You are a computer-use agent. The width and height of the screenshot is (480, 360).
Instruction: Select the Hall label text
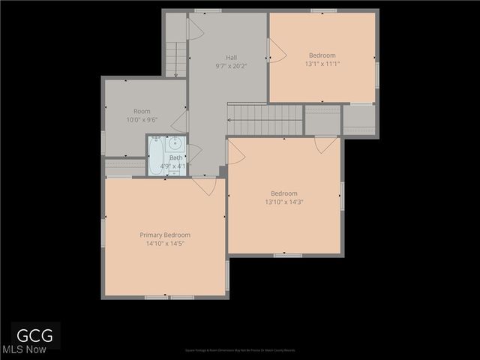pyautogui.click(x=232, y=58)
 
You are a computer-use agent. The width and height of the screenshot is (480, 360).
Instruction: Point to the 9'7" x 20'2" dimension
pyautogui.click(x=232, y=66)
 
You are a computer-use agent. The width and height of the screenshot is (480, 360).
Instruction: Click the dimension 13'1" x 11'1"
pyautogui.click(x=322, y=64)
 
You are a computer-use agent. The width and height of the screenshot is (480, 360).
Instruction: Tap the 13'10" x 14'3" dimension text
pyautogui.click(x=283, y=201)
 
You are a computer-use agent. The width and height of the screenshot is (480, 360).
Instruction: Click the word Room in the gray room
pyautogui.click(x=142, y=111)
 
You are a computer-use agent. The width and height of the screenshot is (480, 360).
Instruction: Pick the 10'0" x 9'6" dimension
pyautogui.click(x=142, y=119)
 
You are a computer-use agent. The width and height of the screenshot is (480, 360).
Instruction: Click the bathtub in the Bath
pyautogui.click(x=155, y=155)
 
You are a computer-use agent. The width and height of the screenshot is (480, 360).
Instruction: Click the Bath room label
pyautogui.click(x=175, y=157)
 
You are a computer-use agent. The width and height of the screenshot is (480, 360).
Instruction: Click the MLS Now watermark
pyautogui.click(x=24, y=349)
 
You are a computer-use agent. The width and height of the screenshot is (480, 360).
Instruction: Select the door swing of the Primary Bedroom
pyautogui.click(x=205, y=185)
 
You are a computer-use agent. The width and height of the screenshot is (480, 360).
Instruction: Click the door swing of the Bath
pyautogui.click(x=193, y=153)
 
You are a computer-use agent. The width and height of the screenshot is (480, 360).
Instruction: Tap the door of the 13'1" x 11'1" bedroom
pyautogui.click(x=276, y=50)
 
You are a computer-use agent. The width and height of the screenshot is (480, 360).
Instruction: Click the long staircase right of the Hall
pyautogui.click(x=265, y=118)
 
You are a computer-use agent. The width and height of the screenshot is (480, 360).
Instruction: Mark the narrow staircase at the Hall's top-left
pyautogui.click(x=175, y=58)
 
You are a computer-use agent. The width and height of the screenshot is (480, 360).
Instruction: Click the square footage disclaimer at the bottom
pyautogui.click(x=240, y=350)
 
